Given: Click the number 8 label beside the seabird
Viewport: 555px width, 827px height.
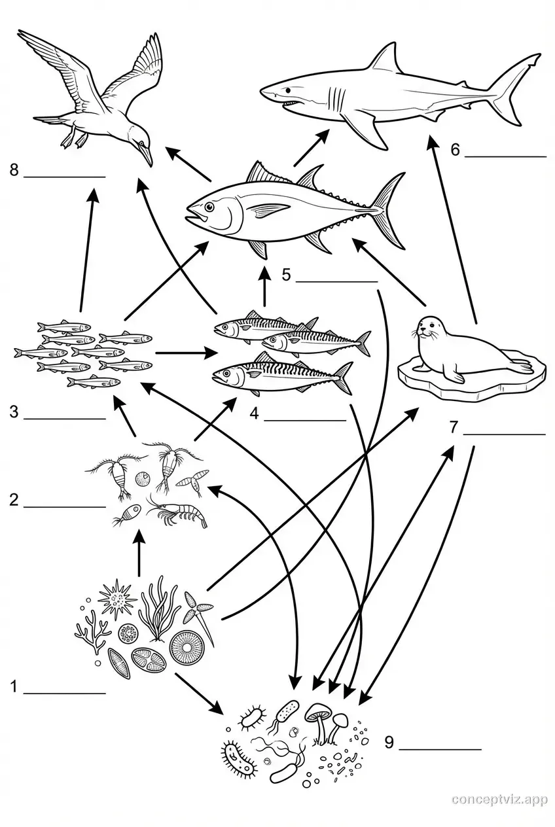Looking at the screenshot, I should coord(14,171).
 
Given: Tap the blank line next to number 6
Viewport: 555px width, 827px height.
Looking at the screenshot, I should coord(505,156).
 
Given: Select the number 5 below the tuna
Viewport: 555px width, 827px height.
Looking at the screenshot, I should coord(286,275).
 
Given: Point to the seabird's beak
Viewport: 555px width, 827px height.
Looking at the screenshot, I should coord(147,156).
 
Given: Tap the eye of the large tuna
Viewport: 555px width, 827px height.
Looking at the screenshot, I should coord(209,207).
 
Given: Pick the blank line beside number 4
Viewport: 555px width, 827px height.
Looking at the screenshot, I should coord(304,419).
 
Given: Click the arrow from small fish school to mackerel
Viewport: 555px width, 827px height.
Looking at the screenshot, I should coord(187,353).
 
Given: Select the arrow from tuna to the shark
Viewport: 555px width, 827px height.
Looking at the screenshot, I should coord(311,147).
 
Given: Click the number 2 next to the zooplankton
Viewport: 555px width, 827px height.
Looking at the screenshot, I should coord(14,501).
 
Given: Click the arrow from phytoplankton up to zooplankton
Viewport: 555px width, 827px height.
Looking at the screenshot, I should coord(138,553).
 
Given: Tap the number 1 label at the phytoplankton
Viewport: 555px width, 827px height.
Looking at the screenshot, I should coord(14,687).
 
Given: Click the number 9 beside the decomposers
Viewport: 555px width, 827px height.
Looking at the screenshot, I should coord(389,742).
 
